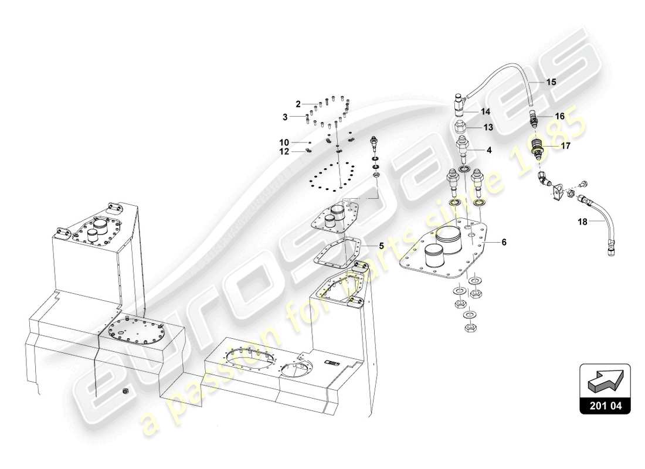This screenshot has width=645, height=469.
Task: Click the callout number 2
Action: (298, 104)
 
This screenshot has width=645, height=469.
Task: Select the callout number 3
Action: (286, 117)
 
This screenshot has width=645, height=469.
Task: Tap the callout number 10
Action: (284, 142)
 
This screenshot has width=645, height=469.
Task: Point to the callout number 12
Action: (284, 152)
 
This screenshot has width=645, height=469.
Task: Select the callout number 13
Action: (488, 127)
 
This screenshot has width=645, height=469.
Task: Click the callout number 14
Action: (486, 111)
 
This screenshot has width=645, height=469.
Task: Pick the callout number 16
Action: (559, 117)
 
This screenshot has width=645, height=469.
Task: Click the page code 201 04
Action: (605, 405)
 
